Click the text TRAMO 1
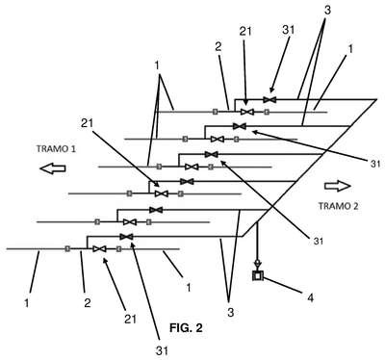(x=56, y=149)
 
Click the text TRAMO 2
(x=338, y=206)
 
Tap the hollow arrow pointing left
(x=53, y=168)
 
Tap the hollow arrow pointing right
(x=338, y=186)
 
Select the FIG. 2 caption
(x=186, y=327)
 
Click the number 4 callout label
(x=310, y=298)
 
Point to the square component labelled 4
(x=258, y=275)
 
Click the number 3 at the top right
(x=327, y=10)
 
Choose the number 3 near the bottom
(x=231, y=312)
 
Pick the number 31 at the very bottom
(x=162, y=350)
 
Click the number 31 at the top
(x=288, y=30)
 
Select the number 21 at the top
(x=245, y=31)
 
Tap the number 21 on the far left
(x=87, y=123)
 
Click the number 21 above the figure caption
(x=130, y=319)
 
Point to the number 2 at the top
(x=218, y=47)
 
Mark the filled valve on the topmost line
(x=269, y=99)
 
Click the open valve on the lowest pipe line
(x=99, y=249)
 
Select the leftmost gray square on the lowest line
(x=67, y=248)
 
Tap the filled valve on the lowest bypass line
(x=126, y=237)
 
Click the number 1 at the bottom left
(x=27, y=302)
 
